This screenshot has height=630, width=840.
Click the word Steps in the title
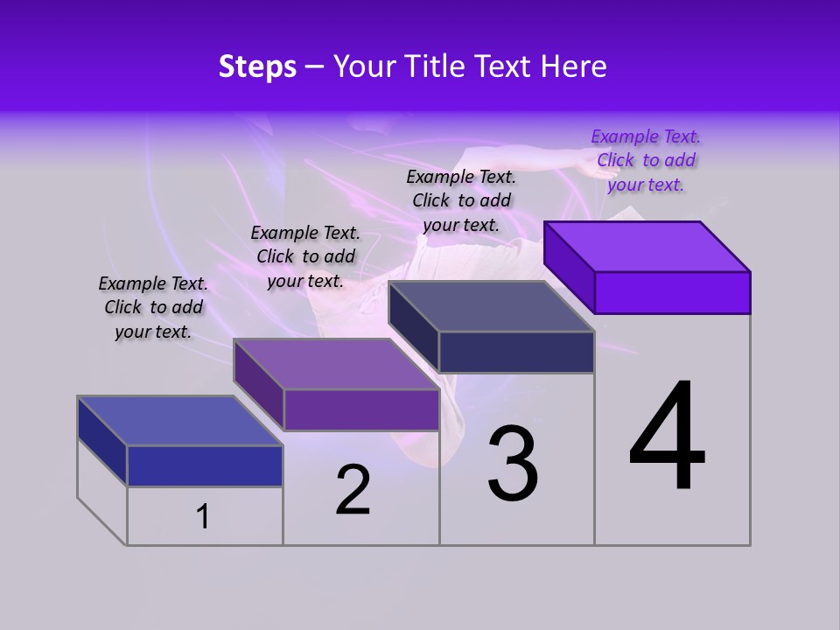click(257, 66)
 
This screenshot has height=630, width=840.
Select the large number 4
click(667, 437)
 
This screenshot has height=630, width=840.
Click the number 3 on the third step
click(513, 464)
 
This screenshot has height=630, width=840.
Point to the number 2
click(353, 490)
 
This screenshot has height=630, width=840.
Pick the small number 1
click(203, 517)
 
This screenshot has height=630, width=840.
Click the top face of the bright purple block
click(647, 246)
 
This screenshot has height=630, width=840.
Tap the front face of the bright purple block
click(672, 292)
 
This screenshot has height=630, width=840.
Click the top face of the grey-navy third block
click(492, 306)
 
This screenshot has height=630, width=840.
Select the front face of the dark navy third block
click(516, 352)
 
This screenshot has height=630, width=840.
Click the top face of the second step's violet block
click(336, 364)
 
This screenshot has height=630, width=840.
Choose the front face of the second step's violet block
click(361, 409)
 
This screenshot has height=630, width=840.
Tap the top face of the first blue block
click(180, 420)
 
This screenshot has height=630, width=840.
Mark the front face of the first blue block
click(205, 465)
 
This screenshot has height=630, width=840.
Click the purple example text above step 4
click(646, 160)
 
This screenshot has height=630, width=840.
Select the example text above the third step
click(461, 200)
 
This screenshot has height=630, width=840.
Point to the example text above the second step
click(305, 256)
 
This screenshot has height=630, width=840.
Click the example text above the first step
click(153, 307)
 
